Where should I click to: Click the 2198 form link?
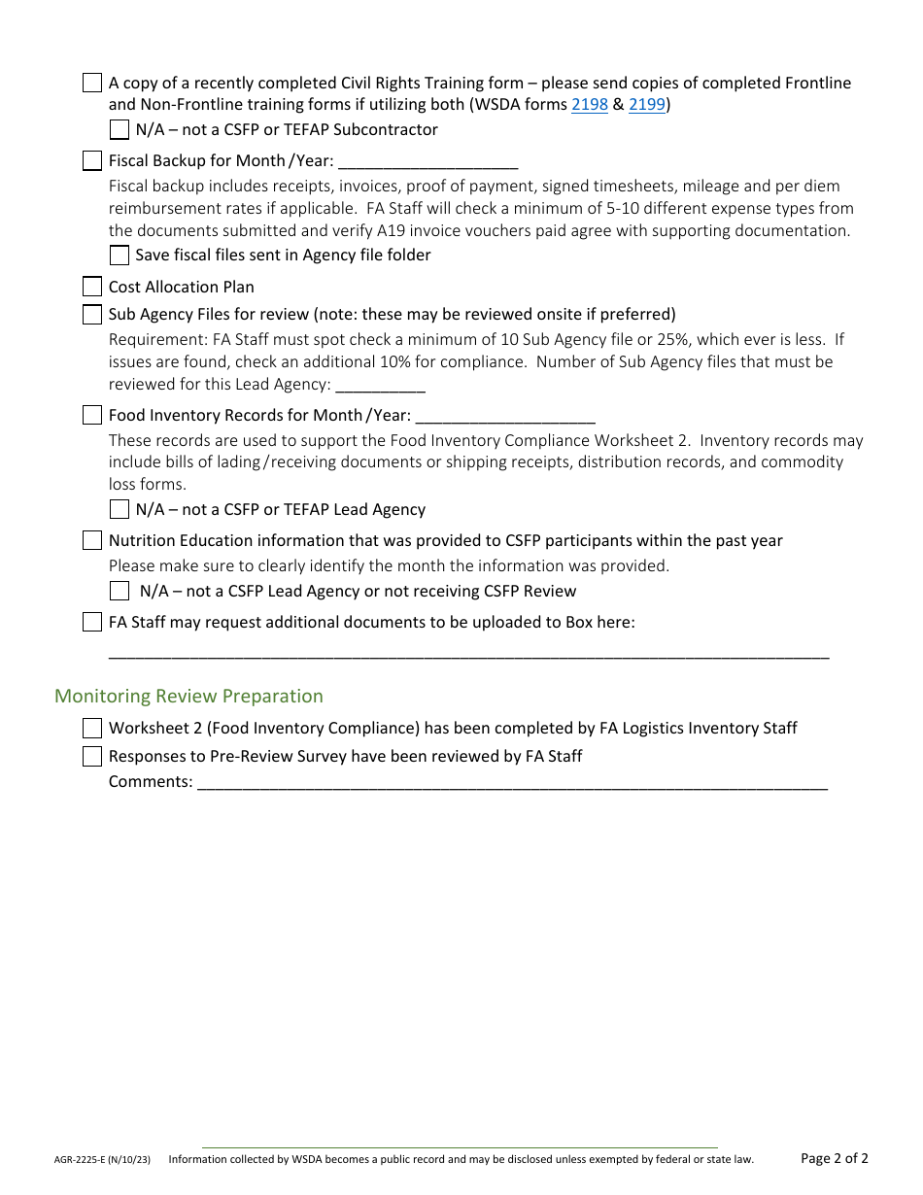(x=589, y=105)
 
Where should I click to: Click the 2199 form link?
(x=647, y=105)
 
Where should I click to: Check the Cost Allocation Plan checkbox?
(x=92, y=287)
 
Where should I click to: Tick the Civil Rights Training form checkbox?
(x=92, y=83)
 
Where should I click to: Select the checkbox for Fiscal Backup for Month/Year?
(x=92, y=161)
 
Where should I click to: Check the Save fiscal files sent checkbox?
(x=120, y=256)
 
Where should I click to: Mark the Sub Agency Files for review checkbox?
(x=92, y=314)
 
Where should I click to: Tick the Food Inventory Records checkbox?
(x=92, y=415)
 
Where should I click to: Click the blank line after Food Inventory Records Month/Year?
(x=504, y=416)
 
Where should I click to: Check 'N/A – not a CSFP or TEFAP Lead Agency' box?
(x=120, y=509)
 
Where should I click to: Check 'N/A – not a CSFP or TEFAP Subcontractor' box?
(x=120, y=130)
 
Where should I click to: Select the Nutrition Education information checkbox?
(x=92, y=540)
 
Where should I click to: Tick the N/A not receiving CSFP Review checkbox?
(x=120, y=591)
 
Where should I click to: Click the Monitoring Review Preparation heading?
(x=188, y=696)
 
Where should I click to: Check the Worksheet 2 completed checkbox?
(x=92, y=728)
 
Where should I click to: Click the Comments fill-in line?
(x=512, y=783)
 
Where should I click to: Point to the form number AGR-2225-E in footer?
(x=102, y=1159)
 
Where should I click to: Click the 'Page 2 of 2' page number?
(x=834, y=1158)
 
